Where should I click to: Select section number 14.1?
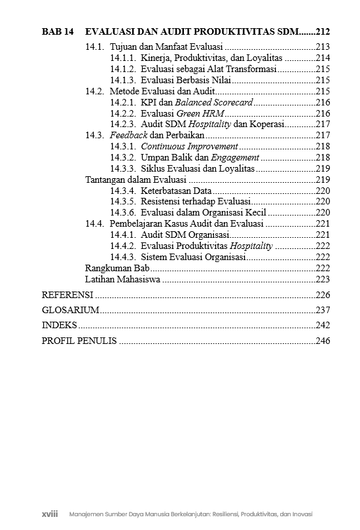[x=95, y=47]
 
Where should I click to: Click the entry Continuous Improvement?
[x=190, y=146]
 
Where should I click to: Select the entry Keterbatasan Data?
[x=176, y=191]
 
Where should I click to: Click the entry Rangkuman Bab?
[x=118, y=268]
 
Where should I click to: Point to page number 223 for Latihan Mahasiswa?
[x=323, y=279]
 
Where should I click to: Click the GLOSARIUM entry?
[x=70, y=310]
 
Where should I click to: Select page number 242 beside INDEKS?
[x=323, y=325]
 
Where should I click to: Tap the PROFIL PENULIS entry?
[x=79, y=341]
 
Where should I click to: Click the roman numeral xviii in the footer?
[x=50, y=514]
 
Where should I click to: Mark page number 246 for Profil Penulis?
[x=323, y=341]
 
